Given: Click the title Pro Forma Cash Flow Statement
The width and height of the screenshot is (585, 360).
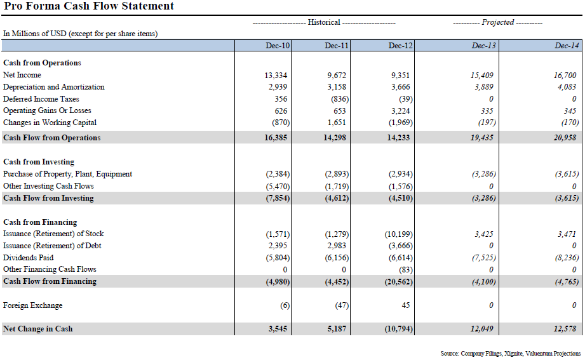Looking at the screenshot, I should pos(89,6).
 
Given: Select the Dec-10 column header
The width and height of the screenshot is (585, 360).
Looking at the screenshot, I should pos(278,46).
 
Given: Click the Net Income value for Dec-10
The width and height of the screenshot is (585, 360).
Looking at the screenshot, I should pos(276,75).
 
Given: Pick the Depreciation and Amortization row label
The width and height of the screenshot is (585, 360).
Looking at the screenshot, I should pos(54,87).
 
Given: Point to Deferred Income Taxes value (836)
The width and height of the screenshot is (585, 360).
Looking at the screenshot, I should pos(338,99).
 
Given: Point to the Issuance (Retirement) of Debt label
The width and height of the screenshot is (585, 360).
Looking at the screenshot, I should pos(52,246).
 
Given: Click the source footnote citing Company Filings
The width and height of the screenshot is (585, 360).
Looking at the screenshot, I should pos(510,353).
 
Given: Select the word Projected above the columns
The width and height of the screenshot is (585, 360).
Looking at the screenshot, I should pos(498,22).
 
